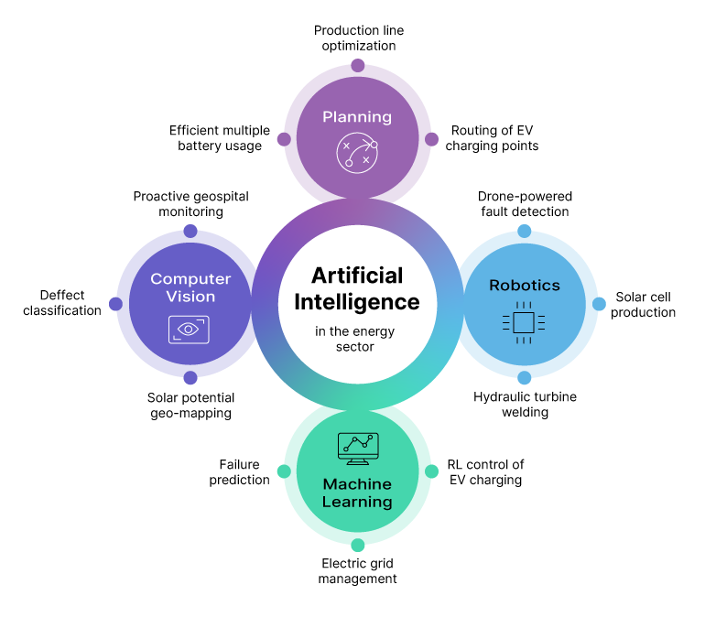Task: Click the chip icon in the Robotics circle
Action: point(524,321)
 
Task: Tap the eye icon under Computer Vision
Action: point(190,330)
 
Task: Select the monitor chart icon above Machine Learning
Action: point(357,448)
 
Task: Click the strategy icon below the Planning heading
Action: point(357,153)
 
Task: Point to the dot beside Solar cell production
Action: point(599,304)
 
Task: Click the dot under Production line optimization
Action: point(357,66)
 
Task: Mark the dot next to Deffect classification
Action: point(115,304)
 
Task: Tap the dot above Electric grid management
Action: point(357,545)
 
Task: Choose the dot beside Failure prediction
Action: point(284,471)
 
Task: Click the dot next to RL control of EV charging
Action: point(431,471)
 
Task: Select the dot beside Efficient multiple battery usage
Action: point(284,139)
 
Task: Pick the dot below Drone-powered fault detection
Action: point(524,231)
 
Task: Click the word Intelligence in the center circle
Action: point(357,301)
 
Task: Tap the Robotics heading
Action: point(524,285)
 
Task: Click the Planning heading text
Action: point(357,116)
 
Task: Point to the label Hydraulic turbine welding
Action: point(525,405)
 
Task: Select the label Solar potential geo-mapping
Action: point(190,405)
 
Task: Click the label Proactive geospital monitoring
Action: point(190,203)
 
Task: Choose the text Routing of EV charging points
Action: point(492,138)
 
